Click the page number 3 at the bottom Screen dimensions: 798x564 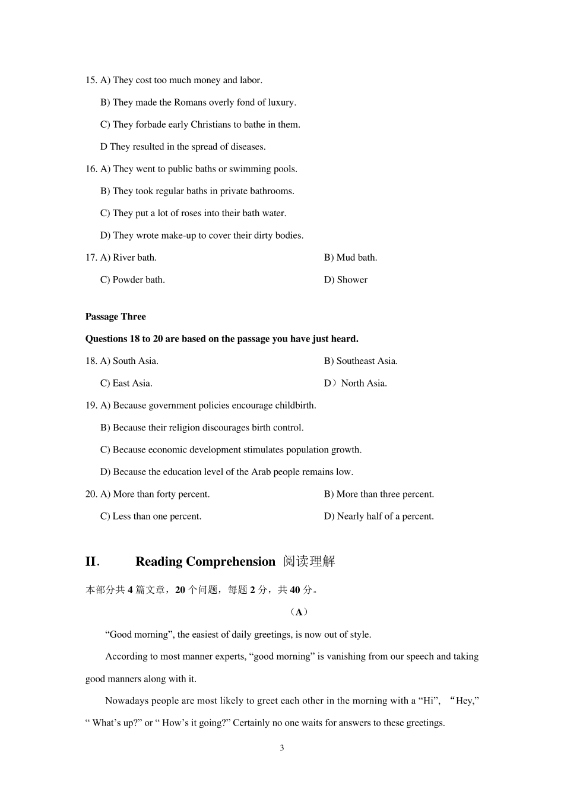[282, 748]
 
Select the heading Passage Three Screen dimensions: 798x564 [115, 316]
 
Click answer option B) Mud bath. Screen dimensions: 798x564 [350, 257]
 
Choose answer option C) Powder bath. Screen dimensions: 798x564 [132, 280]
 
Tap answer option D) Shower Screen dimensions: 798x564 [346, 280]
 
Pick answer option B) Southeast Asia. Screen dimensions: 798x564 [360, 361]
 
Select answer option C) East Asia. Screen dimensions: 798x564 [126, 383]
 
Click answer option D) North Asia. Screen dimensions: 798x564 [356, 383]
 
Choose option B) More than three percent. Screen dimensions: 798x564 [379, 494]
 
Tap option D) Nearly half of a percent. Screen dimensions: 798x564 [379, 516]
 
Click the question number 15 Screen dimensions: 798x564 [91, 80]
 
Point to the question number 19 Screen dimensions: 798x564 [91, 406]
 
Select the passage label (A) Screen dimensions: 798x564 [299, 612]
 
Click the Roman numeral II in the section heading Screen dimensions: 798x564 [91, 562]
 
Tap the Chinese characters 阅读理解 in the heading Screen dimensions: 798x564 [309, 562]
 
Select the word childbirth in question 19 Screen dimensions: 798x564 [294, 406]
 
